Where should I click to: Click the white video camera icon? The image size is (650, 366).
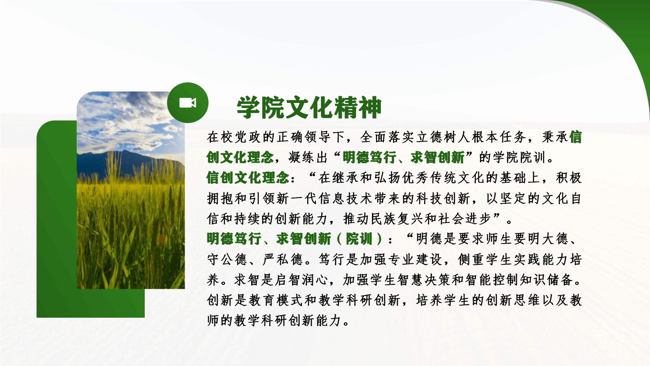click(x=188, y=103)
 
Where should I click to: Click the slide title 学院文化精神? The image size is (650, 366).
click(x=309, y=107)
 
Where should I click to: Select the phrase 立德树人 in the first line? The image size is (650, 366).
click(x=444, y=137)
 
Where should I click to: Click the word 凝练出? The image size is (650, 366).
click(x=308, y=157)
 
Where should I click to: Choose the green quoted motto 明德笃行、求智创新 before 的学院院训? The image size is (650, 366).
click(x=404, y=157)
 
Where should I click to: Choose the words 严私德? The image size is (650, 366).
click(x=283, y=259)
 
